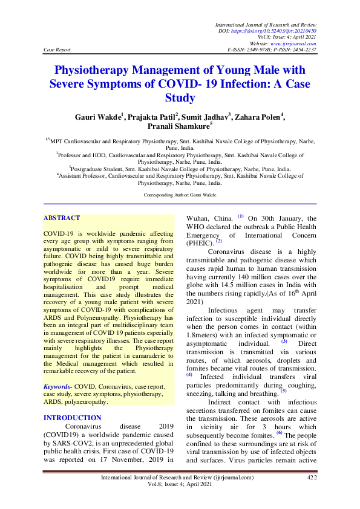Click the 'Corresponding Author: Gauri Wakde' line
pyautogui.click(x=180, y=195)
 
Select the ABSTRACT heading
pyautogui.click(x=62, y=218)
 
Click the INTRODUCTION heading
pyautogui.click(x=73, y=418)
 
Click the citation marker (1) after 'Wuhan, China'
pyautogui.click(x=240, y=216)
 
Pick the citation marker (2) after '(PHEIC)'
pyautogui.click(x=219, y=241)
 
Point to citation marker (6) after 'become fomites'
pyautogui.click(x=280, y=433)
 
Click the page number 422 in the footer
pyautogui.click(x=312, y=478)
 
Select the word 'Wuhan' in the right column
pyautogui.click(x=198, y=218)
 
